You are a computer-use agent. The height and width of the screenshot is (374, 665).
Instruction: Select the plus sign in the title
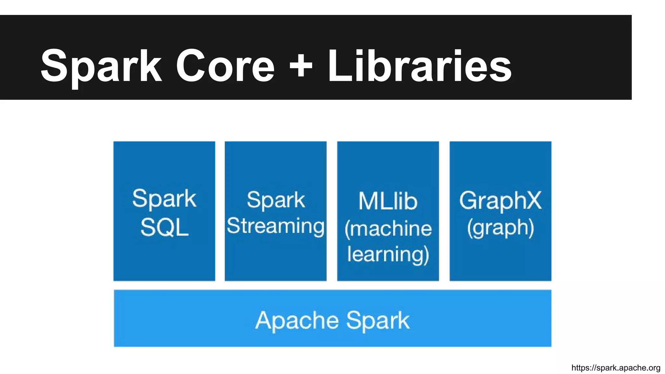click(x=301, y=67)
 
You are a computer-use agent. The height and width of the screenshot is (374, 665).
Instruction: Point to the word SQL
click(x=165, y=227)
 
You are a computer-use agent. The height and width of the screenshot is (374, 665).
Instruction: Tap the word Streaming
click(x=276, y=226)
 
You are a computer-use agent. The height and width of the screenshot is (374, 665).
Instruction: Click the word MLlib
click(x=388, y=201)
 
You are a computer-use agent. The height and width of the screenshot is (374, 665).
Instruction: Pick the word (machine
click(x=388, y=229)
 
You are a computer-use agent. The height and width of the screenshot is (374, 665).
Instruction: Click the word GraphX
click(x=500, y=200)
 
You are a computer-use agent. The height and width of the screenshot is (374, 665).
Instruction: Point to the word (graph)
click(x=500, y=228)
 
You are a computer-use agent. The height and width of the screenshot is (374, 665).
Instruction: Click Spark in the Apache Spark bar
click(x=378, y=320)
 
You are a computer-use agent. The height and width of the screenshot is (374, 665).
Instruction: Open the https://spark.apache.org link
click(x=616, y=368)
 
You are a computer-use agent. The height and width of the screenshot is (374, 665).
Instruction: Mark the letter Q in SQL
click(x=165, y=227)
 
